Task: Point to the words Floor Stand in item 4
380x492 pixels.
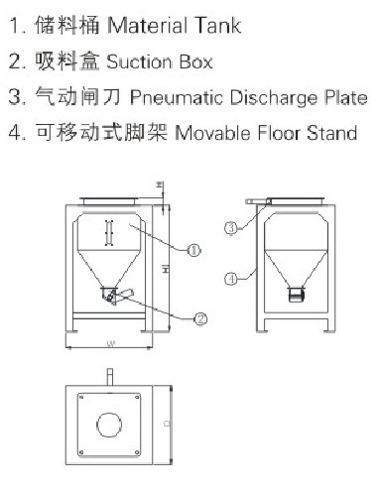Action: point(309,133)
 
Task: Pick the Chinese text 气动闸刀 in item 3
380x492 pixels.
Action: point(63,97)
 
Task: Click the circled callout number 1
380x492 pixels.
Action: point(193,252)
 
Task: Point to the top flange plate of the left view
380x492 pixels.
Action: point(109,200)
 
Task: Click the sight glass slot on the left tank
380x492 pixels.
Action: point(109,230)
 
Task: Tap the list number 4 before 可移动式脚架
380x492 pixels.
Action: point(11,133)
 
